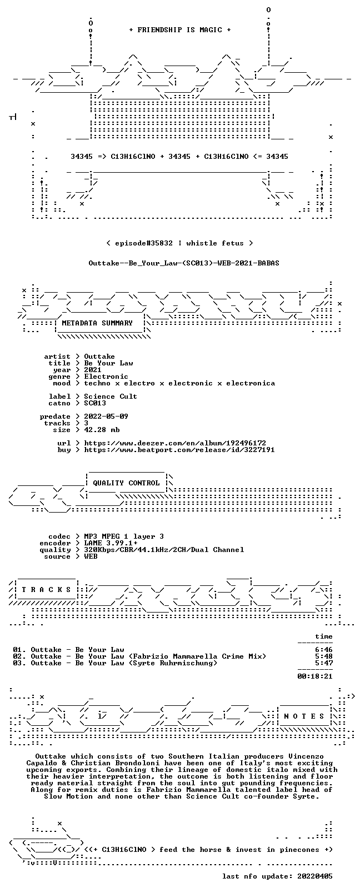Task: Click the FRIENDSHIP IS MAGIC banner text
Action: (x=180, y=30)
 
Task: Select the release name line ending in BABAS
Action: (x=184, y=263)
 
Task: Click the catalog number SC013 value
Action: (x=95, y=403)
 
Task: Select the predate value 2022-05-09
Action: (x=106, y=416)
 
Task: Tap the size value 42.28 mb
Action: (x=102, y=430)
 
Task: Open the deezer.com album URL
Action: (x=175, y=443)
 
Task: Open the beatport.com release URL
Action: (x=179, y=450)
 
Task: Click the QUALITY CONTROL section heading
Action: (x=126, y=483)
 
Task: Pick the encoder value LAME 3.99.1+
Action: (x=111, y=543)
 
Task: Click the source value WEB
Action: (x=91, y=556)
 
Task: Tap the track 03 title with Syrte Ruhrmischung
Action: (x=115, y=663)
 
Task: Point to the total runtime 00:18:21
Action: (x=315, y=676)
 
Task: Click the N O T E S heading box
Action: (x=304, y=716)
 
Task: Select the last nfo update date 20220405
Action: (x=315, y=876)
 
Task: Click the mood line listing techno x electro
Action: (x=179, y=383)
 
